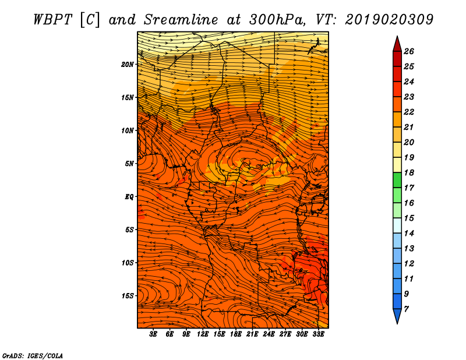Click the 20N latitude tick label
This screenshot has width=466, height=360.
tap(128, 64)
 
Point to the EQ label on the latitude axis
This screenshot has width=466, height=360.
tap(130, 197)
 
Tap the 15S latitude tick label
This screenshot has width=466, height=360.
tap(128, 296)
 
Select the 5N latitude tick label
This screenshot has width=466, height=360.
tap(130, 164)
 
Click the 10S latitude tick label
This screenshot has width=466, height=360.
tap(128, 263)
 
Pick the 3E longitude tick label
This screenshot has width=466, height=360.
tap(154, 334)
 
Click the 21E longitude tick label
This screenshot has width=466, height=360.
tap(252, 334)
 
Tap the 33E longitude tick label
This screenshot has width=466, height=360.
tap(319, 334)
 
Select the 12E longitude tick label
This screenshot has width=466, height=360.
tap(203, 334)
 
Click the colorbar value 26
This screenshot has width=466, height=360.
tap(408, 51)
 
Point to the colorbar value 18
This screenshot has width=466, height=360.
tap(408, 172)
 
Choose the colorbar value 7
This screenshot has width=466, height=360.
tap(406, 309)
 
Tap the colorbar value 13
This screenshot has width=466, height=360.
tap(408, 248)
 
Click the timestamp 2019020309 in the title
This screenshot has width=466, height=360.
tap(389, 19)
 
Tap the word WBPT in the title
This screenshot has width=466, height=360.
tap(52, 19)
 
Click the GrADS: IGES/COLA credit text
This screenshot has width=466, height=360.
tap(33, 355)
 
